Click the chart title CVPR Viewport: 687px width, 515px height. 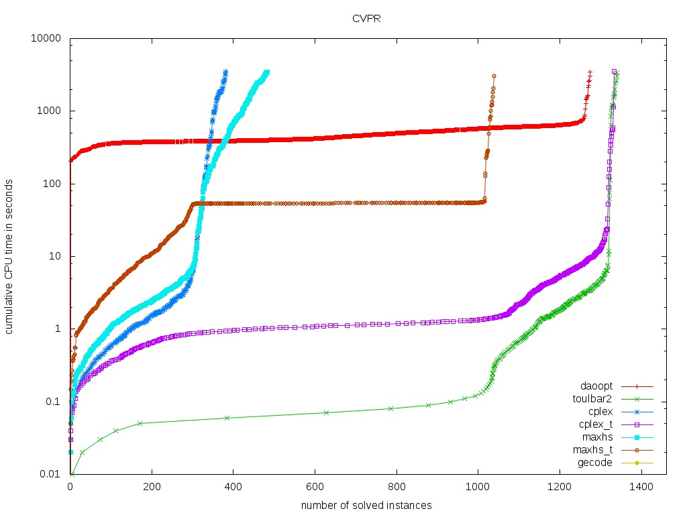click(367, 18)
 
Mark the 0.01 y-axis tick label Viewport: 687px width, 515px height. click(52, 474)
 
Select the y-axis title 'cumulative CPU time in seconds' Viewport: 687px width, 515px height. click(11, 256)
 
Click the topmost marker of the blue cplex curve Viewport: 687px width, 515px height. click(225, 72)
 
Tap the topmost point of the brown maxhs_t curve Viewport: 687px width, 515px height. click(494, 76)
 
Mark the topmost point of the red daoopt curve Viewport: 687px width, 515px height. click(590, 72)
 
